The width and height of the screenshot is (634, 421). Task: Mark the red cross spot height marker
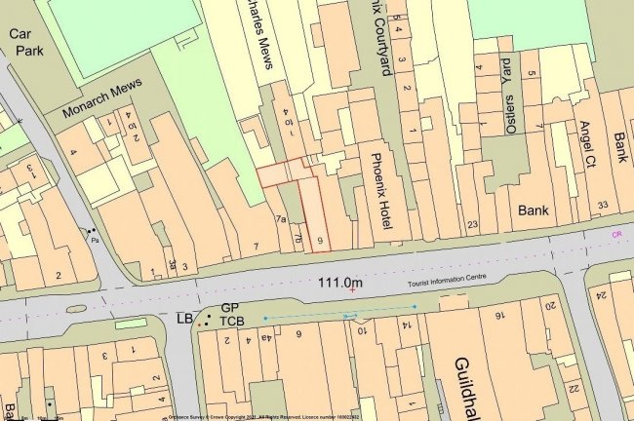coord(352,290)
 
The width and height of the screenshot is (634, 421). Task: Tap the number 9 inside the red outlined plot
coord(319,240)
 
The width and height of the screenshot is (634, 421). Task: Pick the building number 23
coord(473,225)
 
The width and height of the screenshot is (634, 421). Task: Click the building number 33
coord(602,204)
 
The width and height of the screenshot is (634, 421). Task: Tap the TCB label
coord(232,322)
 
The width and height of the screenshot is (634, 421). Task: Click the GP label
coord(229,307)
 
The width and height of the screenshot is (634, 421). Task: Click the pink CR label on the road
coord(616,235)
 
